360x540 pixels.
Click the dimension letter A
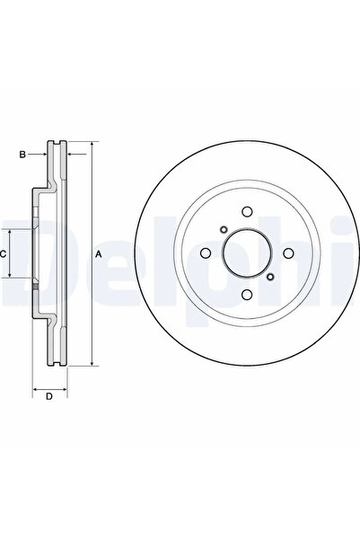(x=99, y=254)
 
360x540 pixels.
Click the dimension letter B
(x=22, y=155)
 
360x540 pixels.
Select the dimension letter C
(x=3, y=254)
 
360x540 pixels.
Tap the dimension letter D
(x=49, y=396)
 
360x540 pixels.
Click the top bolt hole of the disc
(x=247, y=211)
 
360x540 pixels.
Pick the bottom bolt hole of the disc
(x=247, y=295)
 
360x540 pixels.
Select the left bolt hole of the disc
(x=205, y=253)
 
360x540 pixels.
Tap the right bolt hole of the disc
(x=288, y=253)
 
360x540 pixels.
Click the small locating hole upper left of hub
(x=224, y=229)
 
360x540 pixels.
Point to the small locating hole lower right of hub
(x=270, y=277)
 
